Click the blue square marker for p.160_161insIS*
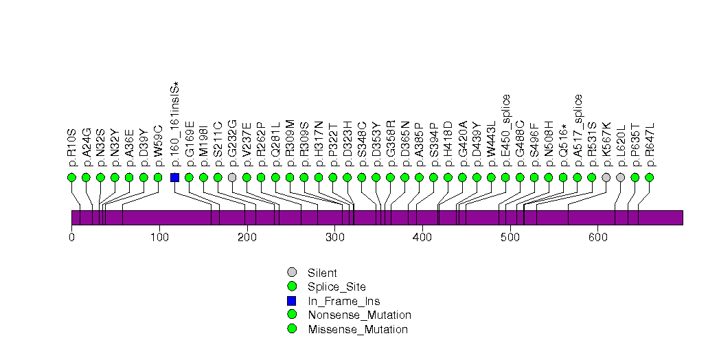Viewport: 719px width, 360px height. pyautogui.click(x=174, y=177)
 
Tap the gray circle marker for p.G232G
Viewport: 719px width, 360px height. pyautogui.click(x=232, y=177)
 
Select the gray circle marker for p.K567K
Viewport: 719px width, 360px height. pyautogui.click(x=606, y=177)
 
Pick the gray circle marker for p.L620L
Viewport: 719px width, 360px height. pyautogui.click(x=620, y=177)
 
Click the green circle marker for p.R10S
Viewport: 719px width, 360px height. pyautogui.click(x=71, y=177)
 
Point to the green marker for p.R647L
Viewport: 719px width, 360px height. pyautogui.click(x=649, y=177)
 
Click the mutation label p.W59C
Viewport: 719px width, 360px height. pyautogui.click(x=158, y=146)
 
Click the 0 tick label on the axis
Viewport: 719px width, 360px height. pyautogui.click(x=71, y=237)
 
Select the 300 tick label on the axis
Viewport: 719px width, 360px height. pyautogui.click(x=334, y=237)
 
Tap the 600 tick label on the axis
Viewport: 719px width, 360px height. pyautogui.click(x=597, y=237)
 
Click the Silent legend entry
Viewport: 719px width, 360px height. pyautogui.click(x=322, y=273)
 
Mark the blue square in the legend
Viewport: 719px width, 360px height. pyautogui.click(x=292, y=301)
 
